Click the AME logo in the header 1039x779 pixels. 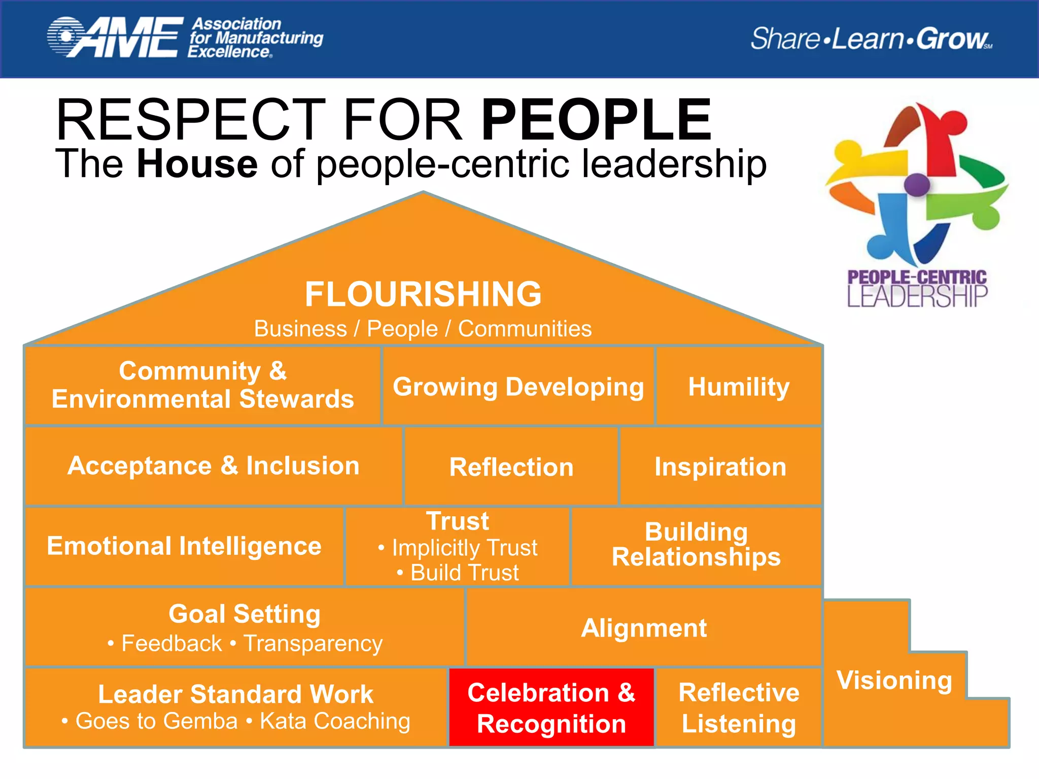click(116, 38)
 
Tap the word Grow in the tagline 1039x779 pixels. click(952, 39)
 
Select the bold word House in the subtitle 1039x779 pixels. click(197, 164)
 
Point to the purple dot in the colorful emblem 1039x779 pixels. click(917, 185)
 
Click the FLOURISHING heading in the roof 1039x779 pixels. click(423, 294)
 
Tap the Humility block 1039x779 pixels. click(739, 386)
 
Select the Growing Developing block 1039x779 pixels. click(518, 386)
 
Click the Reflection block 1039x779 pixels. click(511, 467)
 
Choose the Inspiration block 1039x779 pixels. click(720, 467)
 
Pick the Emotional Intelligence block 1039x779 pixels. click(184, 546)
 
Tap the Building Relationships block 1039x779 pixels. click(696, 545)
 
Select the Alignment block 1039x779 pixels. click(643, 628)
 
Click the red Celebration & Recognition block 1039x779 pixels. click(551, 707)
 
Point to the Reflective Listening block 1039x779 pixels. click(739, 707)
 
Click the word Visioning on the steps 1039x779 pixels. click(894, 680)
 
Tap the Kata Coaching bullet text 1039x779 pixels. click(335, 721)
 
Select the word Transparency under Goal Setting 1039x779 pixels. click(313, 644)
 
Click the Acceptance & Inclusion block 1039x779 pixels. click(214, 466)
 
